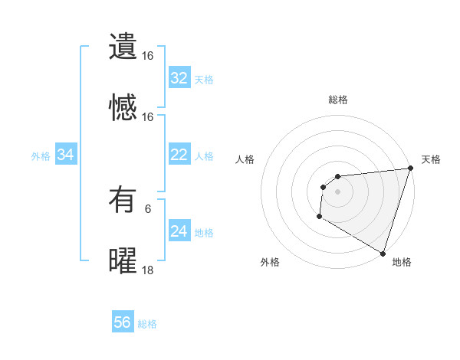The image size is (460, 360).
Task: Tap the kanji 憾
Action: pos(122,107)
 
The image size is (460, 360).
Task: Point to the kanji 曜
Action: pos(122,260)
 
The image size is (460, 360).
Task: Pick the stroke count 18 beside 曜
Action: pos(148,270)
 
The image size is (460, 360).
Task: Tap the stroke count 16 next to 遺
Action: pos(148,56)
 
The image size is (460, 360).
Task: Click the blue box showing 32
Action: pos(179,78)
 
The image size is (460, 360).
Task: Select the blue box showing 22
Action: pos(179,155)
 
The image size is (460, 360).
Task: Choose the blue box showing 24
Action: pos(179,231)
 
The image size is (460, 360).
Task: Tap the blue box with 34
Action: pos(66,155)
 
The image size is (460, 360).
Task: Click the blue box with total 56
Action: pos(122,322)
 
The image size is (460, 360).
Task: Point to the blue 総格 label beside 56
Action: pos(147,324)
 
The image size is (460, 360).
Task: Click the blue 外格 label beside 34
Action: pos(41,156)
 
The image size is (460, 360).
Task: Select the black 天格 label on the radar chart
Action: pos(431,159)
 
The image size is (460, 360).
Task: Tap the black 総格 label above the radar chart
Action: pos(338,100)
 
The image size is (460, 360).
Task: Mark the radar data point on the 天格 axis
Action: pos(411,169)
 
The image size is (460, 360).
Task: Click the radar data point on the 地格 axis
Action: pos(383,254)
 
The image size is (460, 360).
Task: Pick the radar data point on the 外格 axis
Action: pos(319,218)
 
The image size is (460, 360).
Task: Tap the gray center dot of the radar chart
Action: pos(337,191)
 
